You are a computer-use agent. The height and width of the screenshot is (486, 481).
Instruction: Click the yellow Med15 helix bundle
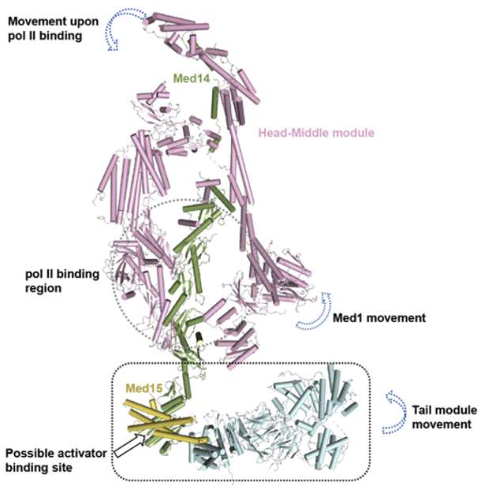[x=162, y=416]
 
